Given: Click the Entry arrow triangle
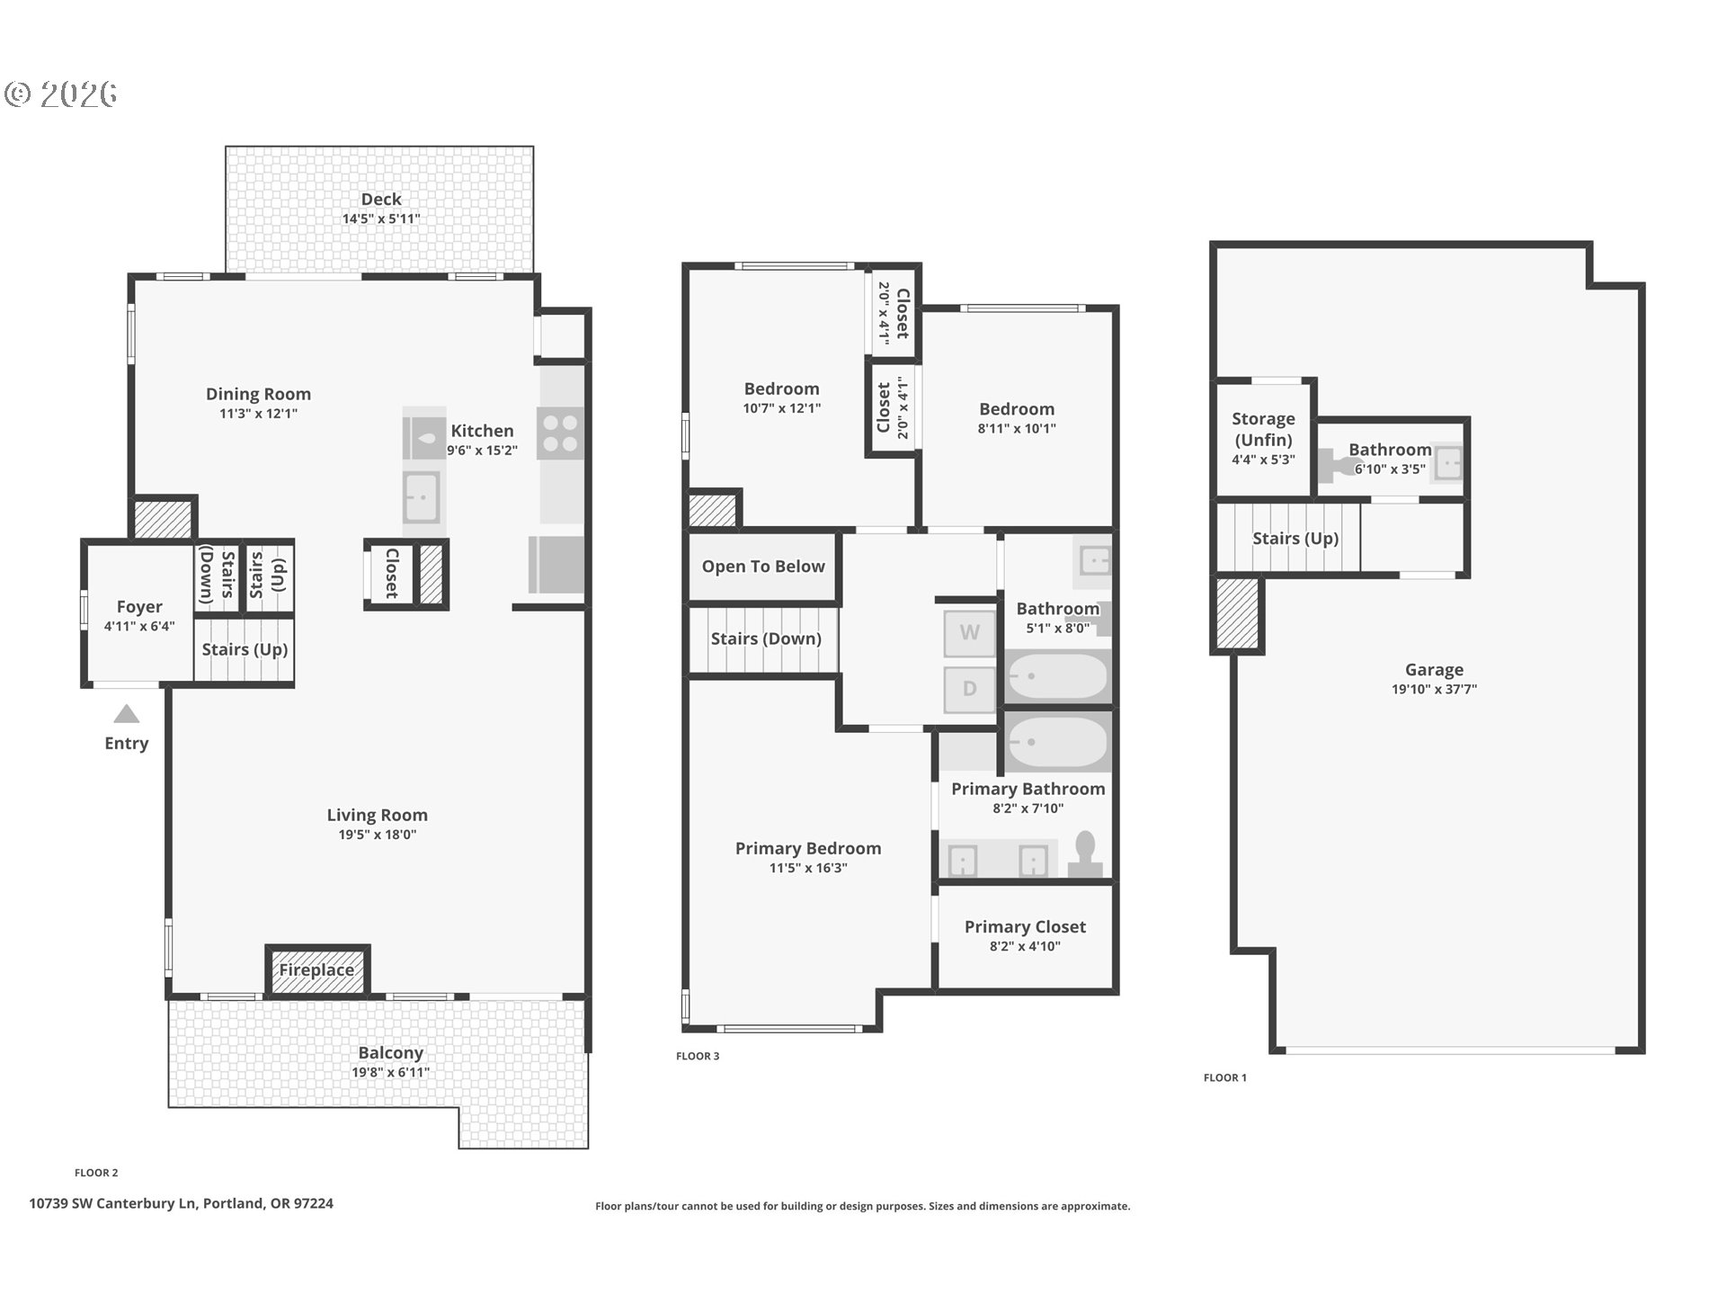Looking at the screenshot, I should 126,715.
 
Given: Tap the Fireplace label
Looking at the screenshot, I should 316,970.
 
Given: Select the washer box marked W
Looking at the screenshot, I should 969,632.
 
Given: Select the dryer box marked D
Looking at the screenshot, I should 969,689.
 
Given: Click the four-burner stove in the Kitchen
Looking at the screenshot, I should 560,433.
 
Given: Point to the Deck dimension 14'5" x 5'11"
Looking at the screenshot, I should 381,219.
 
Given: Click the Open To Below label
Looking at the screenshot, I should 763,567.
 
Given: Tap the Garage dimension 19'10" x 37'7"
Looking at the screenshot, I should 1434,690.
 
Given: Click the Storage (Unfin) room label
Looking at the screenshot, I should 1263,429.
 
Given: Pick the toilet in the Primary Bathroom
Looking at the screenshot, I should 1085,855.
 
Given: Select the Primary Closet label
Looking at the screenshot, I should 1025,927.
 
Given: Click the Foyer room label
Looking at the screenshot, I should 139,607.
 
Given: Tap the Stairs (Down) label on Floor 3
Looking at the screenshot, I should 766,639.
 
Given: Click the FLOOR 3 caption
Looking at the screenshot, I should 698,1056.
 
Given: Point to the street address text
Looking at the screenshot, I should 181,1203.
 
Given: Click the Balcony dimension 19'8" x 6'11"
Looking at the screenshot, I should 390,1072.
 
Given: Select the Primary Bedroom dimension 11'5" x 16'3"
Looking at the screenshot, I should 808,868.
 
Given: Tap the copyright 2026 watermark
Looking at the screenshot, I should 61,94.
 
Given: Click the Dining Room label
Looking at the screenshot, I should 258,394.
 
